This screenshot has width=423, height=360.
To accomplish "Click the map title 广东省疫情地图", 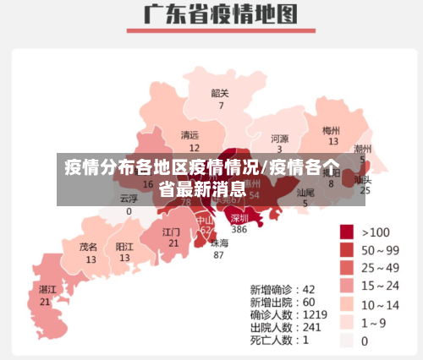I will coord(212,15).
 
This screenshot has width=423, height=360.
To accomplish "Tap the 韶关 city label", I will coord(220,93).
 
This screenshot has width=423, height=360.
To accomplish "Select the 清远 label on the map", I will coord(190,134).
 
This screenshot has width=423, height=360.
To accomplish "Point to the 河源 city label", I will coord(279,138).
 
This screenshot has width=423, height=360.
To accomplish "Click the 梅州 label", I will coord(332,130).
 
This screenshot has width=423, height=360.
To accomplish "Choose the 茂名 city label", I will coord(89,247).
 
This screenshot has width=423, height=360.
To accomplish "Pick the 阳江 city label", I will coord(124,247).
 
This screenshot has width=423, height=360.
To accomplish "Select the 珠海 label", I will coord(219,243).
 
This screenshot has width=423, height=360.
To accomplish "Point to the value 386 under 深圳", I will coord(239,229).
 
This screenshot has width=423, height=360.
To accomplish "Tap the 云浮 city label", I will coord(129,199).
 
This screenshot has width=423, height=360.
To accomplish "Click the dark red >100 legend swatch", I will coord(347,231).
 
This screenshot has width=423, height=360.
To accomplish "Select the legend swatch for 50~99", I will coord(347,249).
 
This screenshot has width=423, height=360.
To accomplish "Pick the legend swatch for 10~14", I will coord(347,305).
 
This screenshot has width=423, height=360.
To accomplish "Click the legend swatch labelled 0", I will coord(347,341).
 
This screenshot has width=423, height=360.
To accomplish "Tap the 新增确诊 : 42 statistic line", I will coord(283,288).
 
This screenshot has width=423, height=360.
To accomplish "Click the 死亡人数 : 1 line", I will coord(279,340).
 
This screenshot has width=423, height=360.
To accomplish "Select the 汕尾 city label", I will coord(305,193).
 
